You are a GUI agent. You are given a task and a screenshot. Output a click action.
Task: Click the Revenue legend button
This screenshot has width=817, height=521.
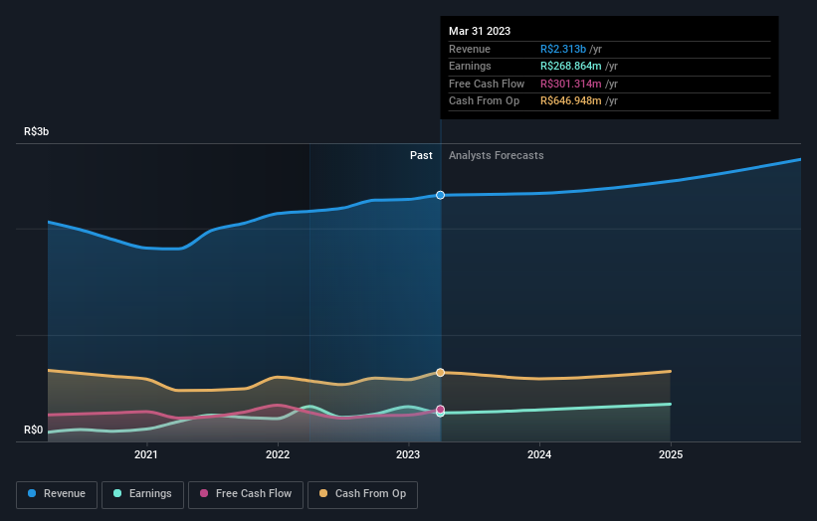(57, 493)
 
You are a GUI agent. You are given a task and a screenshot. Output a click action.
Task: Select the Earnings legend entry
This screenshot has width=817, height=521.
(142, 493)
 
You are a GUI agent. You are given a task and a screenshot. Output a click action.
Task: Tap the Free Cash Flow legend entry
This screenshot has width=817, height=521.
(246, 493)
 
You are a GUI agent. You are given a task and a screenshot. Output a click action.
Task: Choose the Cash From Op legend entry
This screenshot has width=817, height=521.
(363, 493)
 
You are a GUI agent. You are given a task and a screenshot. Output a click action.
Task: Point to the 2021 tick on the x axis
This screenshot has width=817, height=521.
(146, 454)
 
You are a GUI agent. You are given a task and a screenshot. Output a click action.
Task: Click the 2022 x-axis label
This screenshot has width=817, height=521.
(278, 454)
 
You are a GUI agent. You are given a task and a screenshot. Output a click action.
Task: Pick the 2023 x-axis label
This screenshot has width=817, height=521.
(408, 454)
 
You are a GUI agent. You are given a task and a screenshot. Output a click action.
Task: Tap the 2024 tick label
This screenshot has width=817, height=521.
(539, 454)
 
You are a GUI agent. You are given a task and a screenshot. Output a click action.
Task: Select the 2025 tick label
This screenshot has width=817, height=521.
(671, 454)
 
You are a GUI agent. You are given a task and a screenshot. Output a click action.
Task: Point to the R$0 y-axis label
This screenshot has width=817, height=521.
(35, 430)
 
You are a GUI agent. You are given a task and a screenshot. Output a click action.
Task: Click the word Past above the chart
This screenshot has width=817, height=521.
(421, 155)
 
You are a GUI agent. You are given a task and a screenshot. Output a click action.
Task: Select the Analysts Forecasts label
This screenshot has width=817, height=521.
(497, 155)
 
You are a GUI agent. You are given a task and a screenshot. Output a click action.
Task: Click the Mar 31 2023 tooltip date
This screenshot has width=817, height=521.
(480, 31)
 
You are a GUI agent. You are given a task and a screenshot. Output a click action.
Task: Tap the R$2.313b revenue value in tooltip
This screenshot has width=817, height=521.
(562, 49)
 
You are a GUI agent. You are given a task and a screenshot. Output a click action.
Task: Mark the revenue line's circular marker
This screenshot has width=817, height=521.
(440, 195)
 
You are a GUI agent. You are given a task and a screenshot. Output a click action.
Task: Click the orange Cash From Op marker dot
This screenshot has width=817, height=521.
(440, 372)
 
